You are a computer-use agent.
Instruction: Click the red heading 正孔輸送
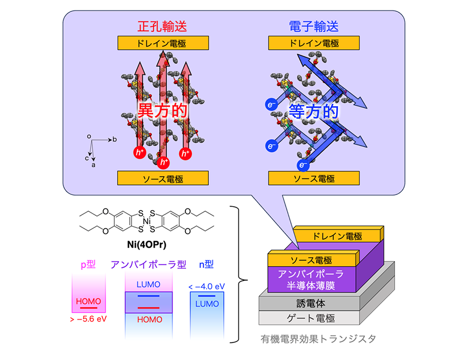(162, 26)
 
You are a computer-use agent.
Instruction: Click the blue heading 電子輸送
(314, 26)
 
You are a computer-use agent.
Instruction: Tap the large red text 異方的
(162, 111)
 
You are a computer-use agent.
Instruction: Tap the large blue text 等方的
(314, 112)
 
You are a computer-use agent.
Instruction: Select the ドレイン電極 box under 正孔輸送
(163, 43)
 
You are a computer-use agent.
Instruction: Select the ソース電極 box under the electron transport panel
(314, 178)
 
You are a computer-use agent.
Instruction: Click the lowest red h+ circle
(163, 162)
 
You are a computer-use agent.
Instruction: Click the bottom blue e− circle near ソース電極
(303, 165)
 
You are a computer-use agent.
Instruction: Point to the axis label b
(115, 139)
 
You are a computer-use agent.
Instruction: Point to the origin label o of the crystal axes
(89, 136)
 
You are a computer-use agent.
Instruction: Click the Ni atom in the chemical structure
(146, 221)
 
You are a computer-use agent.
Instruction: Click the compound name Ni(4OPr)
(146, 244)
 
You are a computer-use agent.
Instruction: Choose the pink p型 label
(88, 264)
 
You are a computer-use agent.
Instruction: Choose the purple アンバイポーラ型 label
(148, 264)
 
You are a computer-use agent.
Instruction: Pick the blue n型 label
(206, 264)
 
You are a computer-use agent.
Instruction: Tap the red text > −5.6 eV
(89, 319)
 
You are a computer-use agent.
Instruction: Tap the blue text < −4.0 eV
(207, 287)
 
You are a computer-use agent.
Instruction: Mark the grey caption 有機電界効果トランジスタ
(318, 339)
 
